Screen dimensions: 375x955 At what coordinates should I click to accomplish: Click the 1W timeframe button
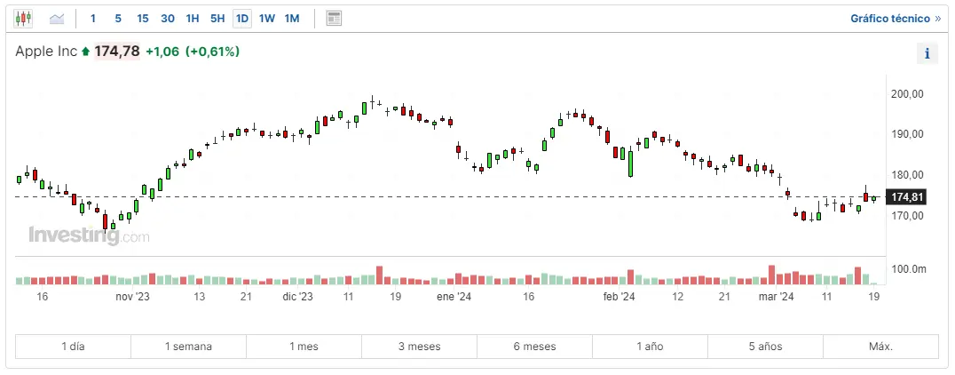(267, 18)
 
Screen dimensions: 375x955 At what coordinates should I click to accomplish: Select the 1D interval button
(242, 18)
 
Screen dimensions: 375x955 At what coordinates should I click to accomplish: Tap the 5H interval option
(217, 18)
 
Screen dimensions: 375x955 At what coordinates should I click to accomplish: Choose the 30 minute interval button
(168, 18)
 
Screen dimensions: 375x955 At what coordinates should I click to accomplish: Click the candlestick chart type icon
(23, 18)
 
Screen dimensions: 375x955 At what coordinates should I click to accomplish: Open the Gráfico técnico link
(895, 18)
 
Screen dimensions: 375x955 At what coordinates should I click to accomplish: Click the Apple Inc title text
(46, 52)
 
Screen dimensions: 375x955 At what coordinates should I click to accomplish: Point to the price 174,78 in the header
(117, 52)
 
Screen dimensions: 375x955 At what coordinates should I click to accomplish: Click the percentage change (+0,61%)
(213, 52)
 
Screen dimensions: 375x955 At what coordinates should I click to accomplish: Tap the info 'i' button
(927, 53)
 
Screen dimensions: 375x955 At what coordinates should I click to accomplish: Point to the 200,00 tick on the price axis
(907, 93)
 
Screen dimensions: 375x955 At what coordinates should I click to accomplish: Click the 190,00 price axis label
(907, 134)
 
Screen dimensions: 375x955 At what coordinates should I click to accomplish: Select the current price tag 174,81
(907, 196)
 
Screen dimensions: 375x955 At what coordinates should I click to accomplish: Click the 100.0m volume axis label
(908, 268)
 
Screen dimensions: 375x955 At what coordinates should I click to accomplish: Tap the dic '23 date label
(297, 297)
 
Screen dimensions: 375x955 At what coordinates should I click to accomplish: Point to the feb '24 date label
(619, 297)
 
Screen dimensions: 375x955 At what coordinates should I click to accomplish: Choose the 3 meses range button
(419, 347)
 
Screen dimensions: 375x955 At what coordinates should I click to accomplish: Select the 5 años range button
(765, 347)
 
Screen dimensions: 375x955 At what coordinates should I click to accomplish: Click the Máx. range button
(880, 347)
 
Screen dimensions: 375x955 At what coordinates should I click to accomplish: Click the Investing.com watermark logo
(89, 236)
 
